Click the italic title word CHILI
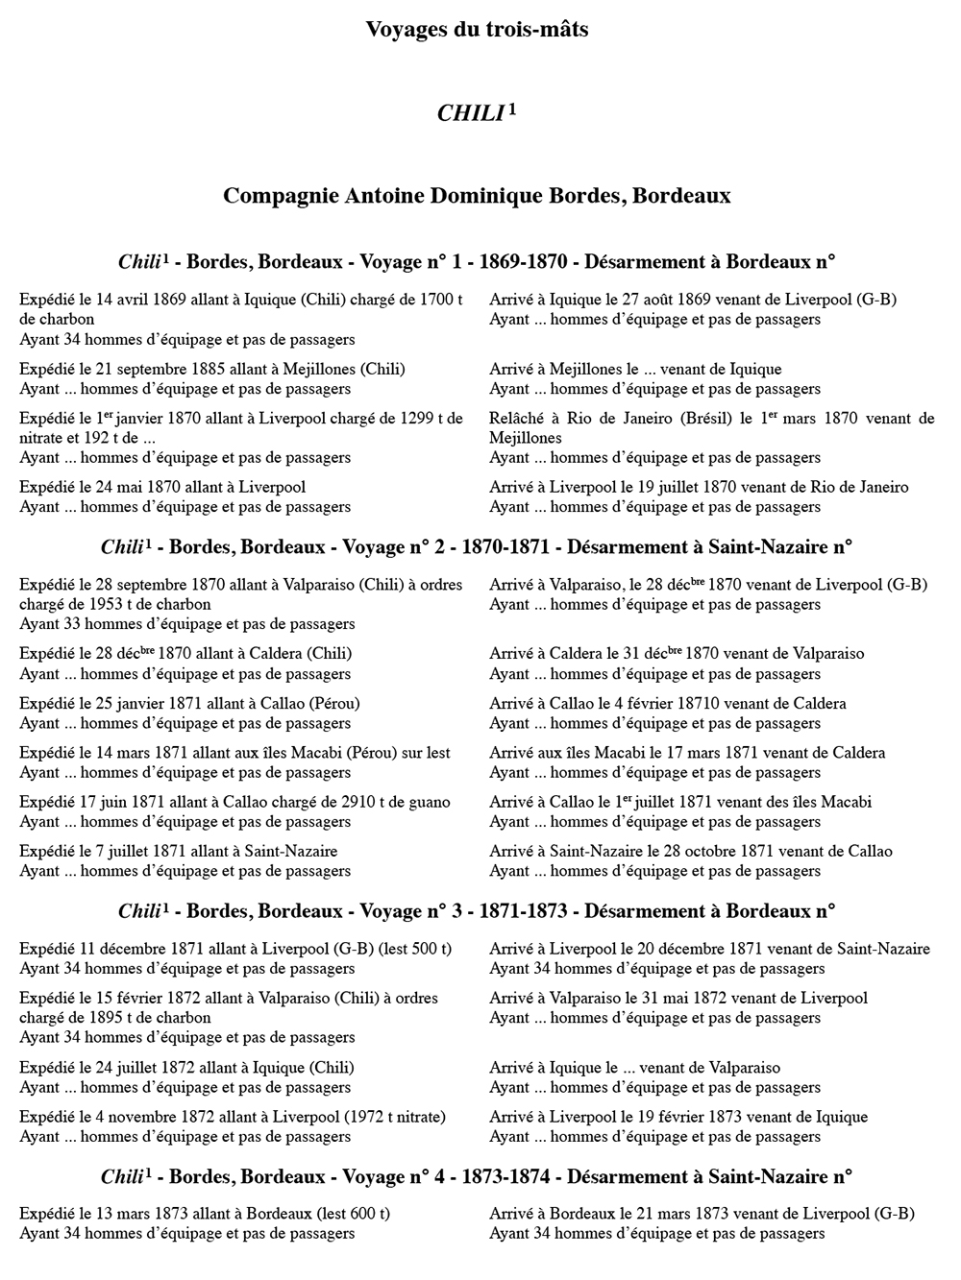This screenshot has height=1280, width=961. coord(470,114)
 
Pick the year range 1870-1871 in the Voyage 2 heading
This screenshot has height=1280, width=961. coord(505,547)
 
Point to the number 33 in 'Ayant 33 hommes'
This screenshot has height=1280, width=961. coord(72,624)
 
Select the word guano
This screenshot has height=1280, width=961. coord(429,803)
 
